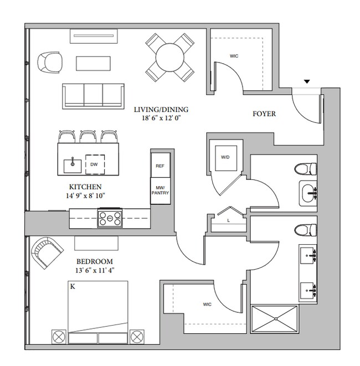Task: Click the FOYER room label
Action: pyautogui.click(x=264, y=114)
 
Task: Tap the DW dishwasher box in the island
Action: pyautogui.click(x=95, y=164)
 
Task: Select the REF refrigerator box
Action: pyautogui.click(x=160, y=165)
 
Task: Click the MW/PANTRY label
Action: pyautogui.click(x=160, y=190)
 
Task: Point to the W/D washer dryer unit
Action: pyautogui.click(x=226, y=158)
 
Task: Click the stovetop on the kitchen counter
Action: pyautogui.click(x=110, y=218)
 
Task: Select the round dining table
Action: pyautogui.click(x=169, y=56)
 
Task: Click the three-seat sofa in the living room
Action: pyautogui.click(x=93, y=96)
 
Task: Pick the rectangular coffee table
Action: pyautogui.click(x=93, y=63)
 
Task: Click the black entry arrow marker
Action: pyautogui.click(x=307, y=81)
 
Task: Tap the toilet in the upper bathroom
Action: pyautogui.click(x=305, y=169)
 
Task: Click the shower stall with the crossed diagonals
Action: pyautogui.click(x=275, y=318)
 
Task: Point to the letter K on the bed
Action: pyautogui.click(x=73, y=287)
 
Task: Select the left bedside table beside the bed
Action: pyautogui.click(x=59, y=337)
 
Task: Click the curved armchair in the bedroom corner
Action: pyautogui.click(x=46, y=252)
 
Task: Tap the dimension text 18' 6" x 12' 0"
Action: pyautogui.click(x=162, y=118)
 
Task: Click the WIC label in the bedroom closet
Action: pyautogui.click(x=207, y=305)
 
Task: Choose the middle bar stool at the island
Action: pyautogui.click(x=88, y=137)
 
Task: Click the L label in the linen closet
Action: pyautogui.click(x=229, y=220)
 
